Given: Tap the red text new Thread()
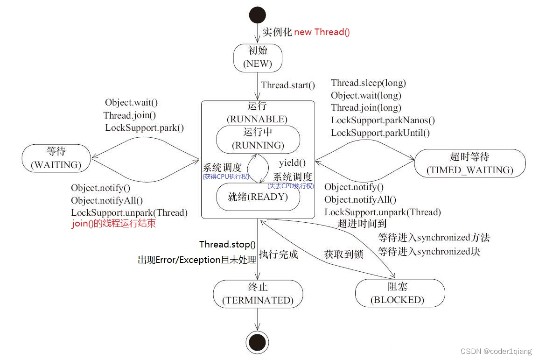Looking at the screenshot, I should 322,32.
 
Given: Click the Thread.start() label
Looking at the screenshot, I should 288,85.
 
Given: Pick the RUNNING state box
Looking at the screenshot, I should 258,139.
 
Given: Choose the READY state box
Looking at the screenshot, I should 258,197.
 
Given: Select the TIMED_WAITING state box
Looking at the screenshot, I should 469,163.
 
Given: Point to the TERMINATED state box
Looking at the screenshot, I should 258,294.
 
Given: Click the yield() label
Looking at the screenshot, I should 292,163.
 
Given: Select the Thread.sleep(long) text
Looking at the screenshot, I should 368,83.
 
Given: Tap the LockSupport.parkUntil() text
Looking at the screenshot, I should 380,133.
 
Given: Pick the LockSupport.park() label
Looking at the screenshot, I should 144,127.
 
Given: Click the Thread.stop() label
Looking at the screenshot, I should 227,244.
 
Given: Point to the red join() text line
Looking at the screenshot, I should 113,224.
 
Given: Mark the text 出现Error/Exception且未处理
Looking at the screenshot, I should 196,260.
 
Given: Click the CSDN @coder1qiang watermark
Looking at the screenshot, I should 496,351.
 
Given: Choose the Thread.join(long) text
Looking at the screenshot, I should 365,108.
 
